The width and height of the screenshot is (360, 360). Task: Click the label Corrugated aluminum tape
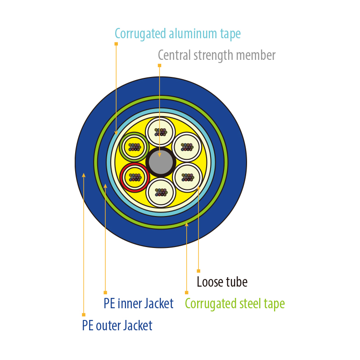pos(177,34)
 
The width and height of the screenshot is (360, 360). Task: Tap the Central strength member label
pos(216,55)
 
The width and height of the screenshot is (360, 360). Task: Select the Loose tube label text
pos(222,282)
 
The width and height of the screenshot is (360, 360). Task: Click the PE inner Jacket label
pos(139,303)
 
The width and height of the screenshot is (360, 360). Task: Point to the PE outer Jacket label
pos(117,325)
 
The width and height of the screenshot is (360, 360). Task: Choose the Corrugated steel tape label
pos(234,304)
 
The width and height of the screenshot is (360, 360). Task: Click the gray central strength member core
pos(161,162)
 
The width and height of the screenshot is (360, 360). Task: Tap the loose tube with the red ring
pos(135,177)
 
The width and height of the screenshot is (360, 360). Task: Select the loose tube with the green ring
pos(134,147)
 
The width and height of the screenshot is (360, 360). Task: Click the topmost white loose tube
pos(160,132)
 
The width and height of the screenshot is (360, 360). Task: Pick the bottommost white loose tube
pos(161,193)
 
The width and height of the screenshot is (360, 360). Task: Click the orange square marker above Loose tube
pos(198,271)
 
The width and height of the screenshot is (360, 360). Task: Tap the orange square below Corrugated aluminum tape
pos(116,44)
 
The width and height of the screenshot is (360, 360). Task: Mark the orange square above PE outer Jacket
pos(84,315)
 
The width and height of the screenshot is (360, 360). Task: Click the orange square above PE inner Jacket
pos(105,292)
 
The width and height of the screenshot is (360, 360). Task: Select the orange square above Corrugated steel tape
pos(187,292)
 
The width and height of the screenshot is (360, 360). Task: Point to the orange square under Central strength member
pos(160,66)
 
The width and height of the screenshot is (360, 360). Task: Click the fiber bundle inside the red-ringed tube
pos(135,177)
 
